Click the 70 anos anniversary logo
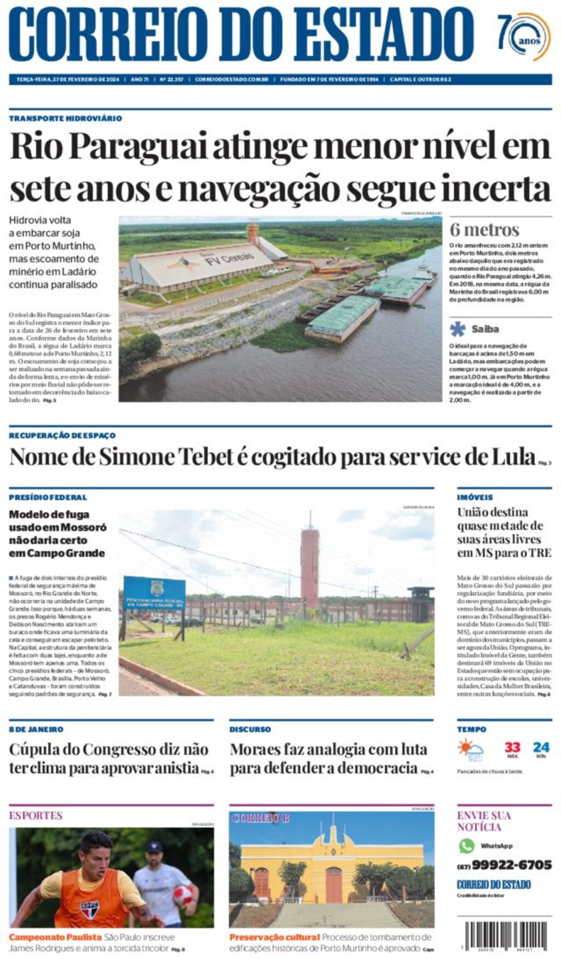tap(524, 37)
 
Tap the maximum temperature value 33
tap(512, 748)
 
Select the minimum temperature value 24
tap(541, 748)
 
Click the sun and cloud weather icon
tap(470, 750)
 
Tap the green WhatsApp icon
tap(467, 846)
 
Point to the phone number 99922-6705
tap(512, 865)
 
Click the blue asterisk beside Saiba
tap(457, 329)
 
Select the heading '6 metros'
tap(484, 230)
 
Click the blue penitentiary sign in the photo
tap(154, 594)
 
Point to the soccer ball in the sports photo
tap(183, 895)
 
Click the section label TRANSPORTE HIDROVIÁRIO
tap(65, 118)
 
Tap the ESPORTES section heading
tap(36, 816)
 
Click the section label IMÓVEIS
tap(475, 497)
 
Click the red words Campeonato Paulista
tap(55, 937)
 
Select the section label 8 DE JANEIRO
tap(36, 729)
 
